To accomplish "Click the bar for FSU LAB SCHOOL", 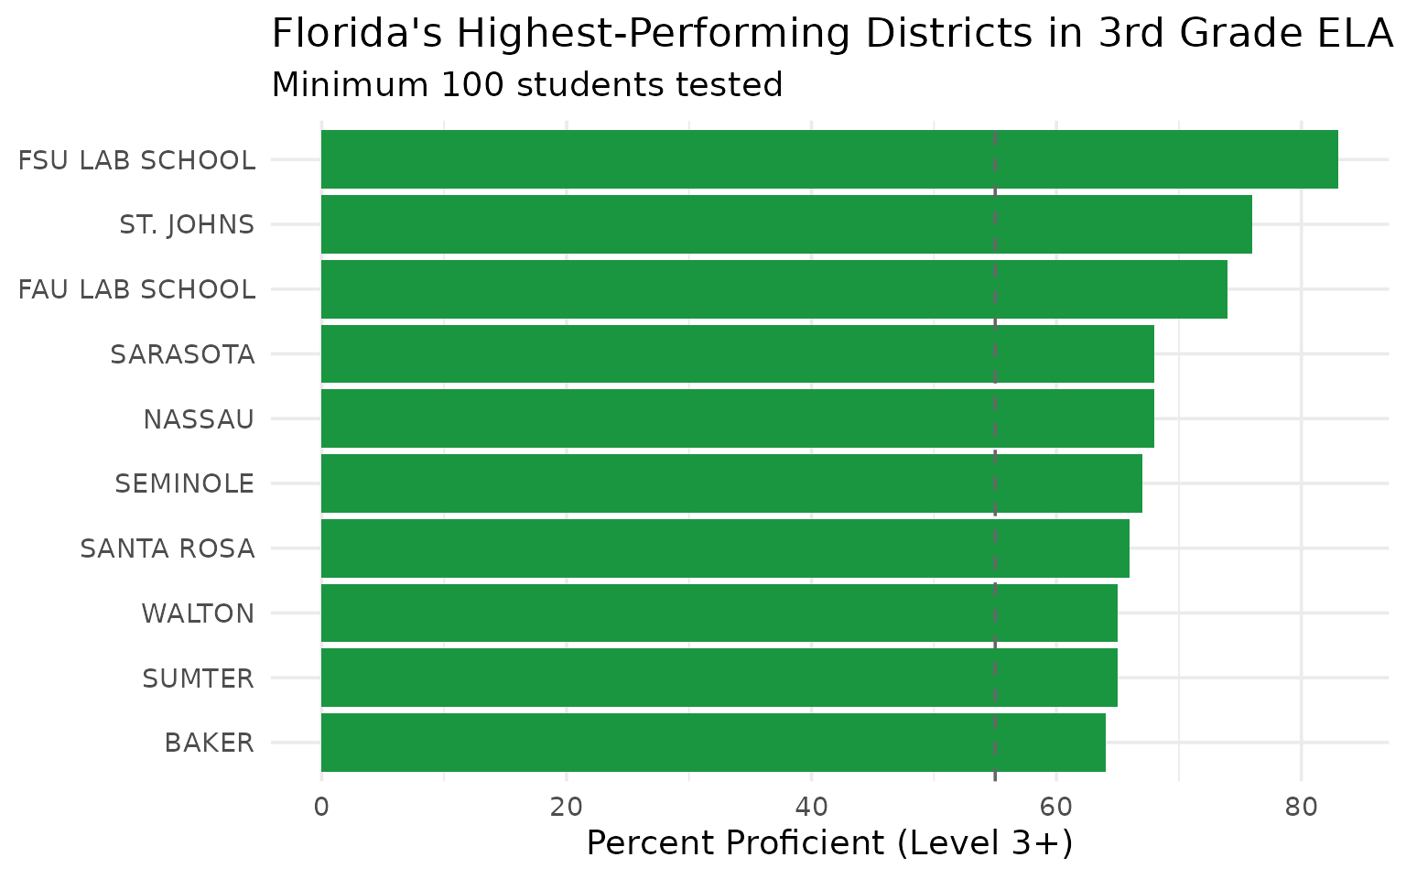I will click(829, 159).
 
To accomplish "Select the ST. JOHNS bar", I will click(786, 224).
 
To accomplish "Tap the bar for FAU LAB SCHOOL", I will click(773, 289).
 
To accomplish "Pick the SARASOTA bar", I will click(737, 354).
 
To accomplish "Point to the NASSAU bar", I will click(737, 418).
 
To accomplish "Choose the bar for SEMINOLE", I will click(731, 483).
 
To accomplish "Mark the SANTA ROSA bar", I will click(725, 548).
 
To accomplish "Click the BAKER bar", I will click(713, 743).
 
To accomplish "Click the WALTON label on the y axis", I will click(198, 613).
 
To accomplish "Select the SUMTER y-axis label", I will click(198, 678).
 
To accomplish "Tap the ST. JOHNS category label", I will click(187, 224).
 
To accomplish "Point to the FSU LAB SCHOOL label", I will click(137, 160).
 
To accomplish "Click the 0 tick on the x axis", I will click(321, 808).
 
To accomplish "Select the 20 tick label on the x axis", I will click(567, 808).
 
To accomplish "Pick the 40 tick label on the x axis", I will click(811, 808).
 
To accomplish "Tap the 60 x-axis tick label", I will click(1056, 808).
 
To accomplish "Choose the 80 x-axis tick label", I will click(1301, 808).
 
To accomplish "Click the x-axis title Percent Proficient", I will click(828, 843).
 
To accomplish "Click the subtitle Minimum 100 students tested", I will click(527, 85).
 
